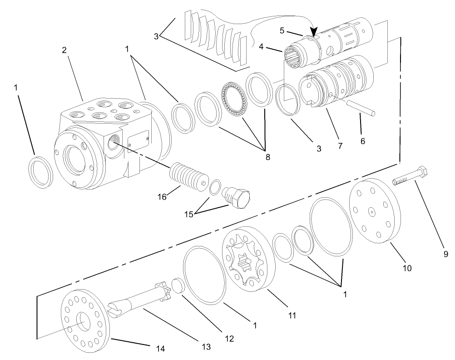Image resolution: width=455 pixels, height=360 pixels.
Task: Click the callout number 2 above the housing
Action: [64, 50]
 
